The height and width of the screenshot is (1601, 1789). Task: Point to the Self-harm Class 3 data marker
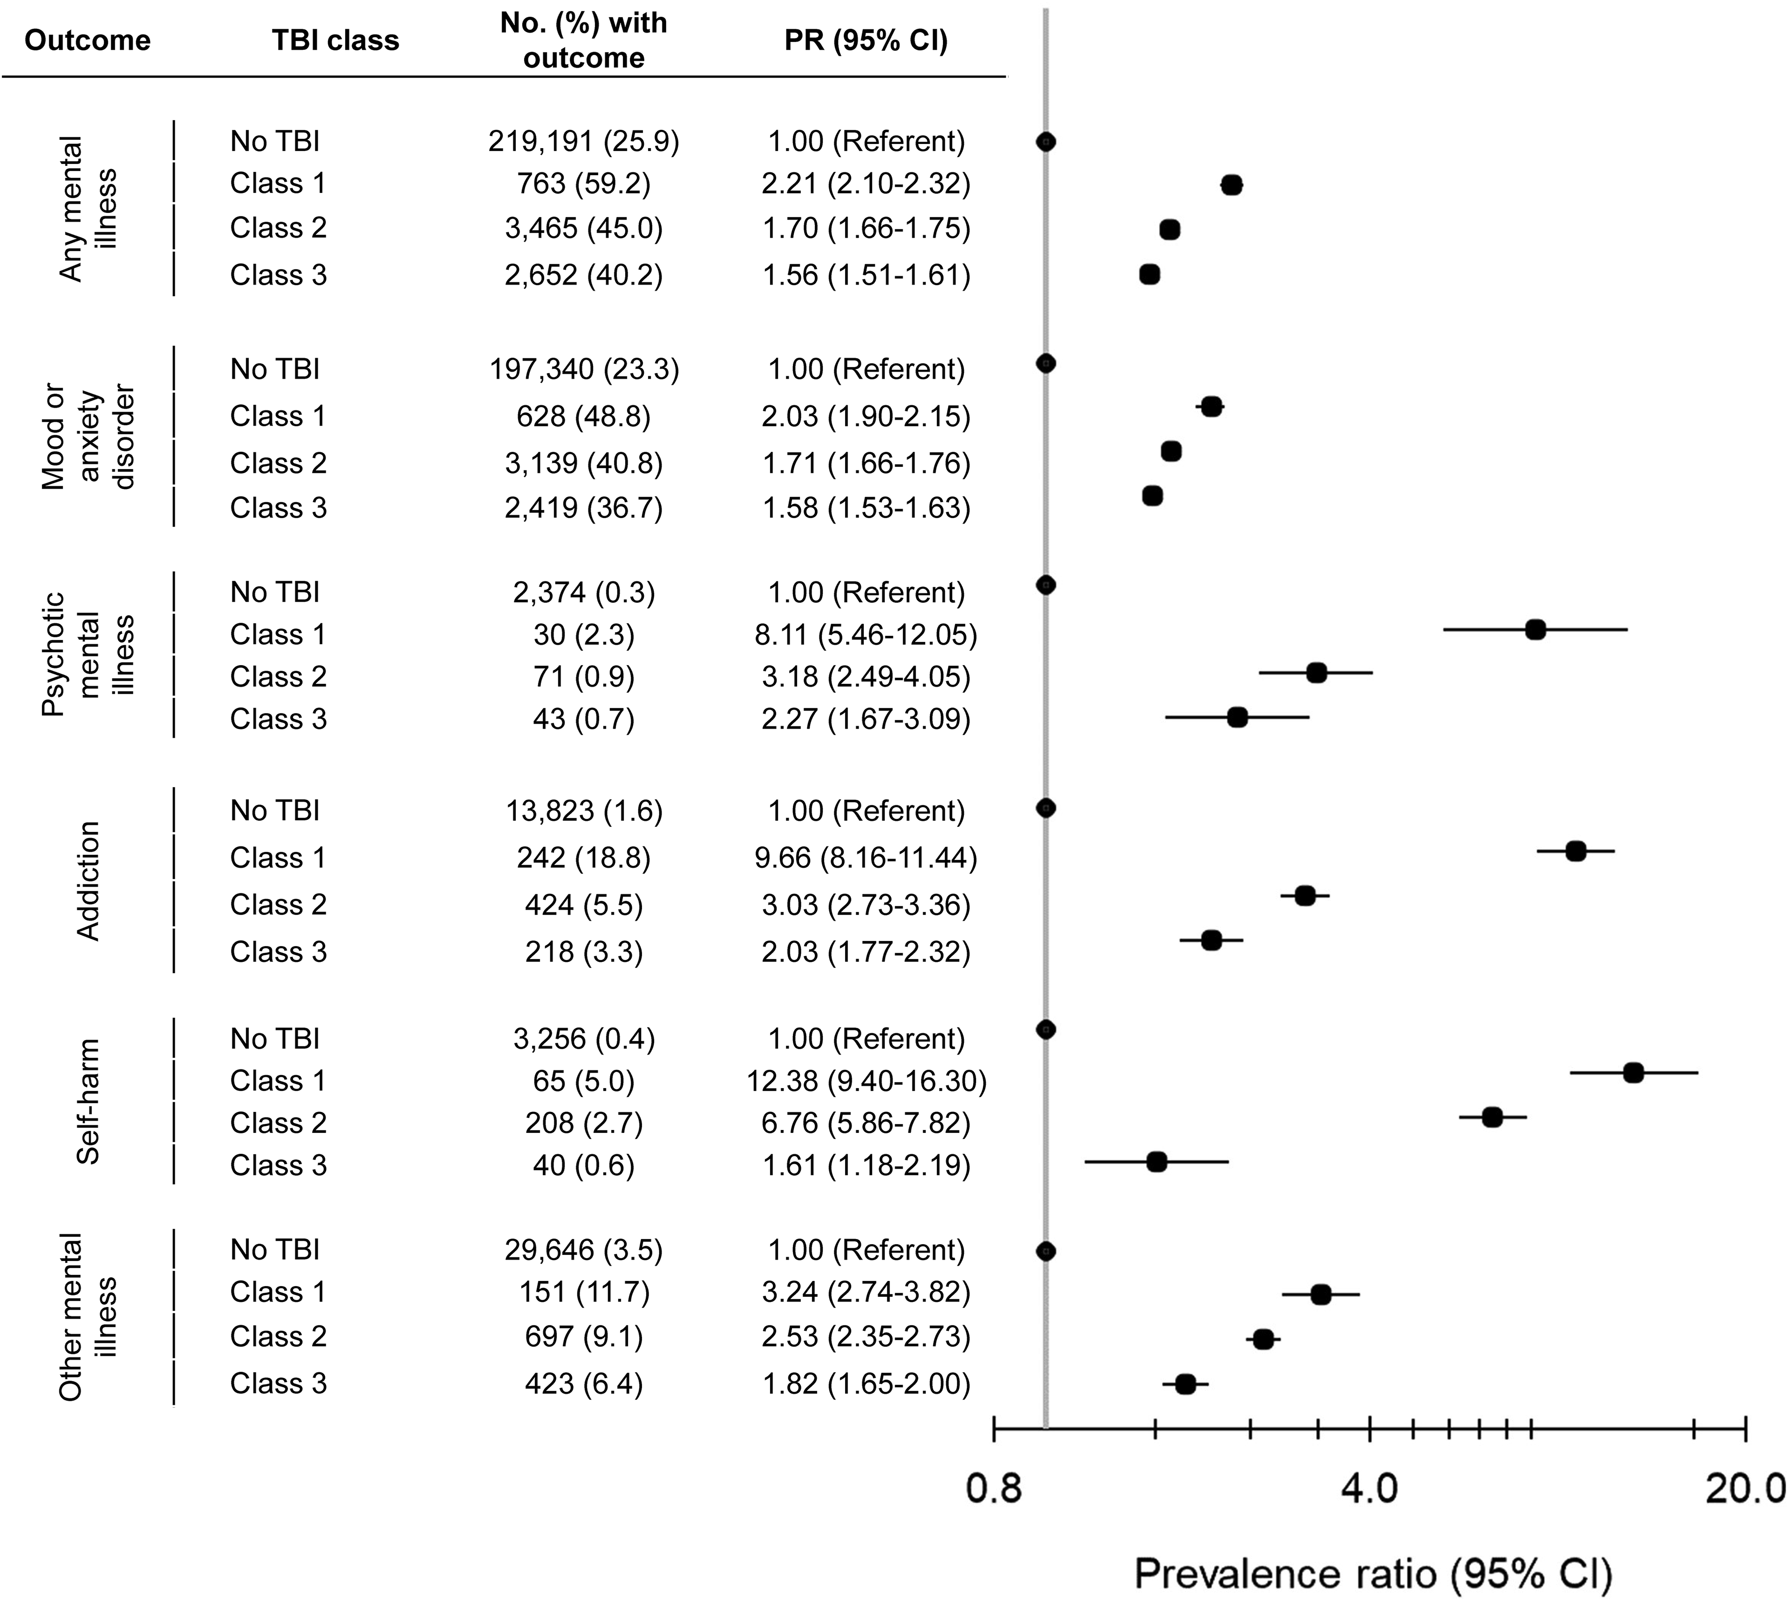click(x=1156, y=1161)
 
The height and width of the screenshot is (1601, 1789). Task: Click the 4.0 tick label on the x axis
click(x=1368, y=1489)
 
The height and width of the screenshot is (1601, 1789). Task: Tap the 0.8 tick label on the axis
click(x=994, y=1489)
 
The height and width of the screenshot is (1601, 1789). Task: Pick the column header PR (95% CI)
click(x=866, y=41)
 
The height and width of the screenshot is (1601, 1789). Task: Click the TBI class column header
click(x=335, y=41)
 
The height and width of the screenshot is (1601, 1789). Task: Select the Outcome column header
click(x=87, y=41)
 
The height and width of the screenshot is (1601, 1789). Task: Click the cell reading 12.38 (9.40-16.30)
click(x=866, y=1080)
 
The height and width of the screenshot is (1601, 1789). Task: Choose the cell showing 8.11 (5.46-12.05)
click(x=866, y=634)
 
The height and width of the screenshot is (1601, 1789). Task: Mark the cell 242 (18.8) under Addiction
click(x=584, y=858)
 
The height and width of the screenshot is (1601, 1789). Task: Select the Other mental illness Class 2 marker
click(x=1263, y=1339)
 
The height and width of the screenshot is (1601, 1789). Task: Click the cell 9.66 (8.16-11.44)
click(x=866, y=858)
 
